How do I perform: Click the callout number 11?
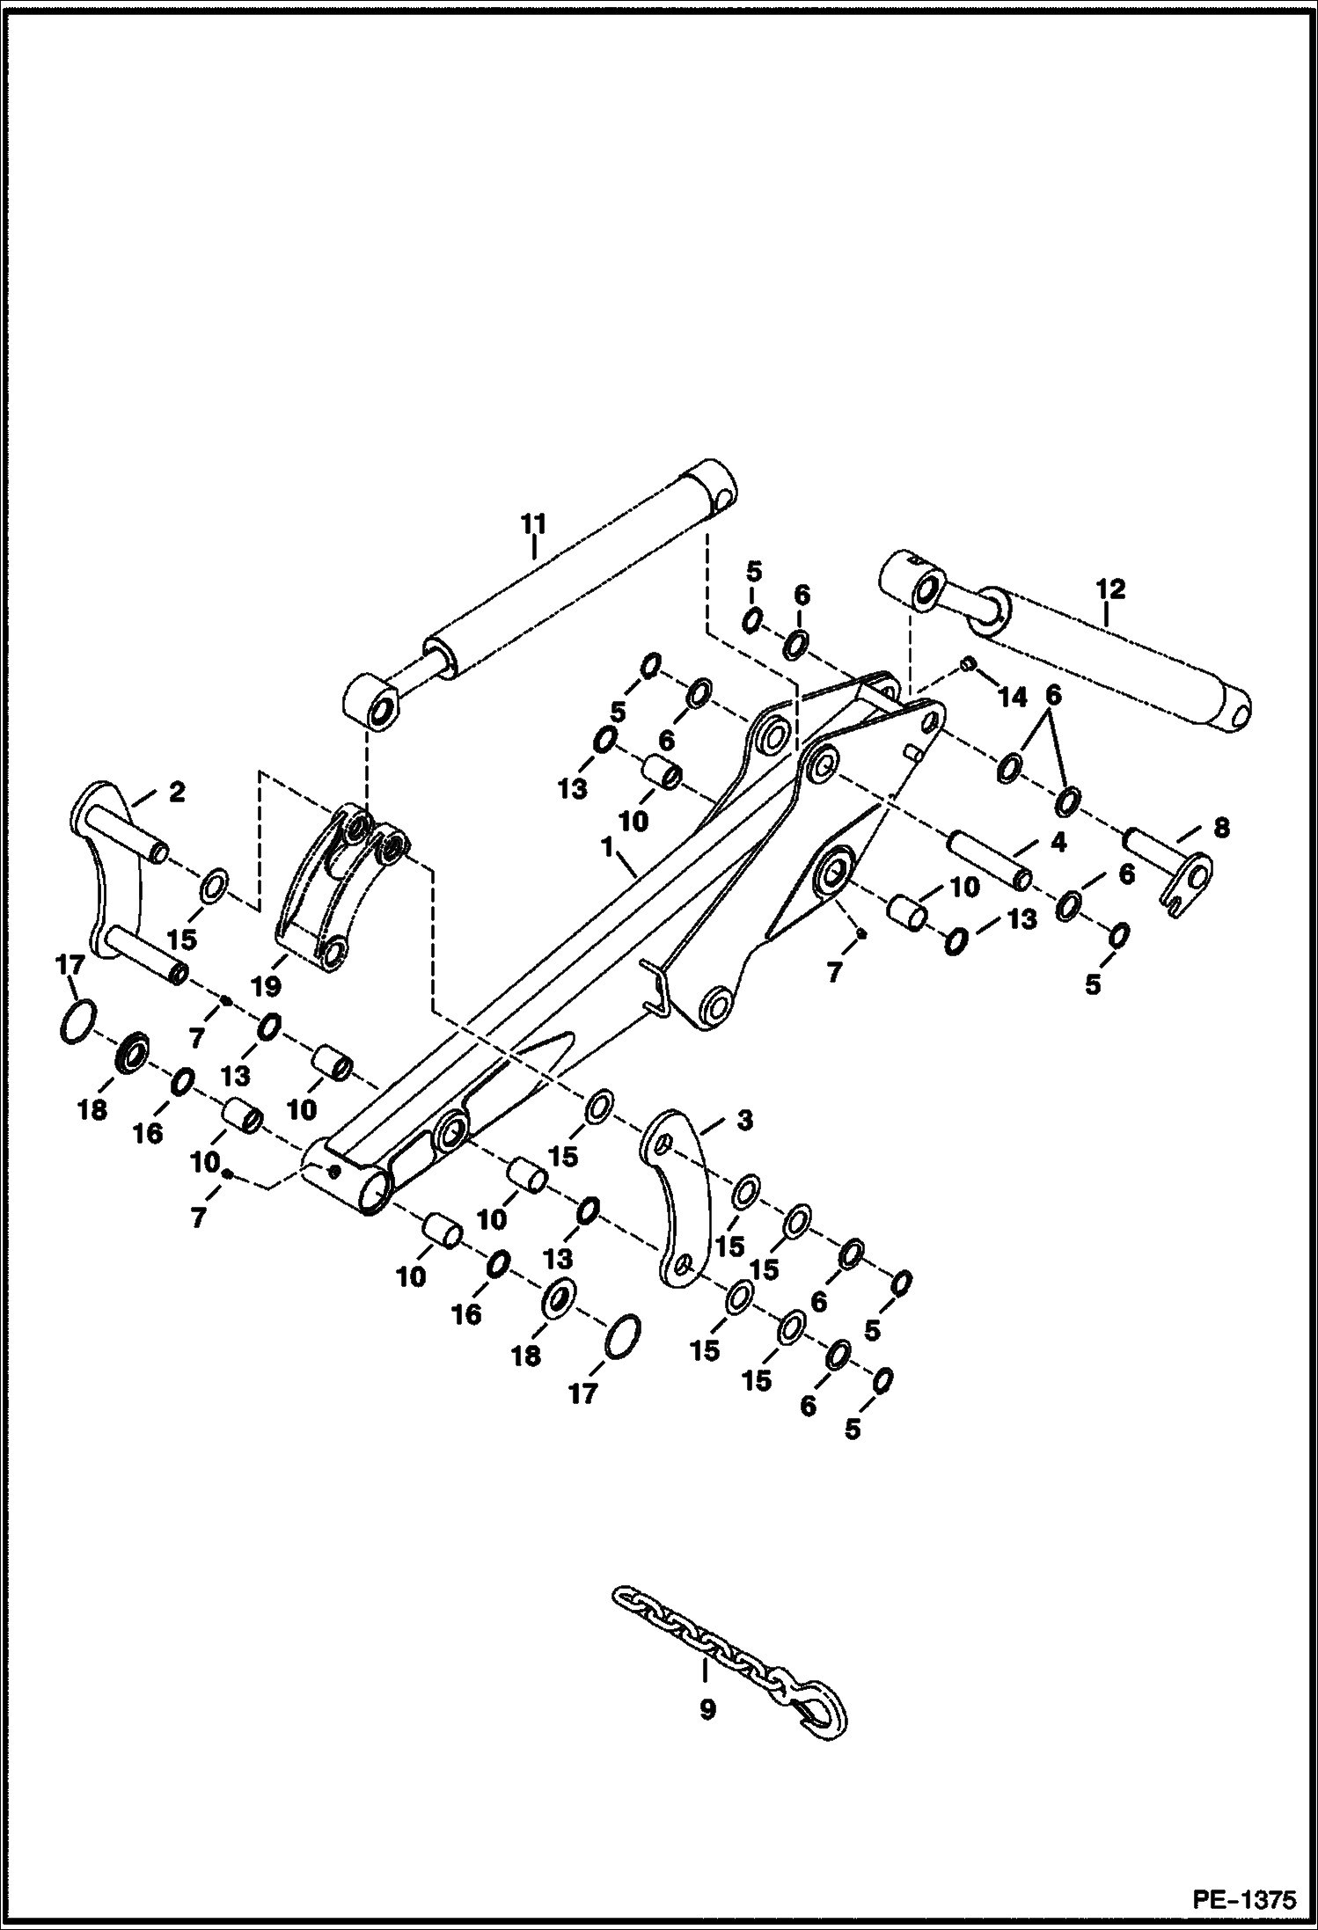tap(533, 524)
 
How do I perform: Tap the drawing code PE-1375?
tap(1244, 1898)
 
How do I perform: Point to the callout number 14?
tap(1013, 698)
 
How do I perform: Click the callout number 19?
tap(266, 986)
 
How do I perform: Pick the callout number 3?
tap(744, 1121)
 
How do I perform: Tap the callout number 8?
tap(1220, 827)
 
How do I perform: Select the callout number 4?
tap(1058, 843)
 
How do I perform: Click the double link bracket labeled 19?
tap(333, 888)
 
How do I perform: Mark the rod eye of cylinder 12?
tap(913, 586)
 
